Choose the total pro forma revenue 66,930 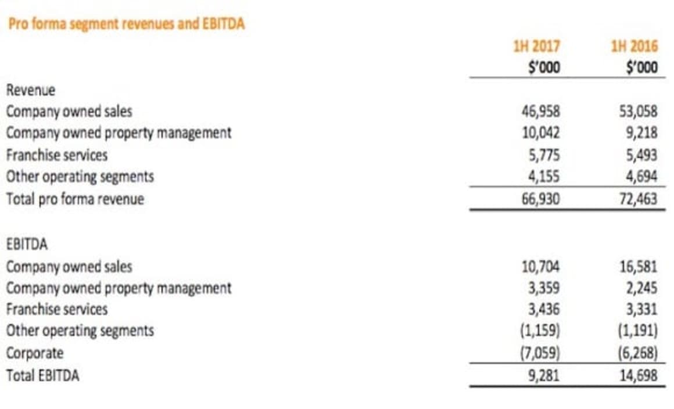(x=540, y=199)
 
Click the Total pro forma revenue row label (x=75, y=199)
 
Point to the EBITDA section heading (x=27, y=245)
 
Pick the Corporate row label (x=34, y=353)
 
